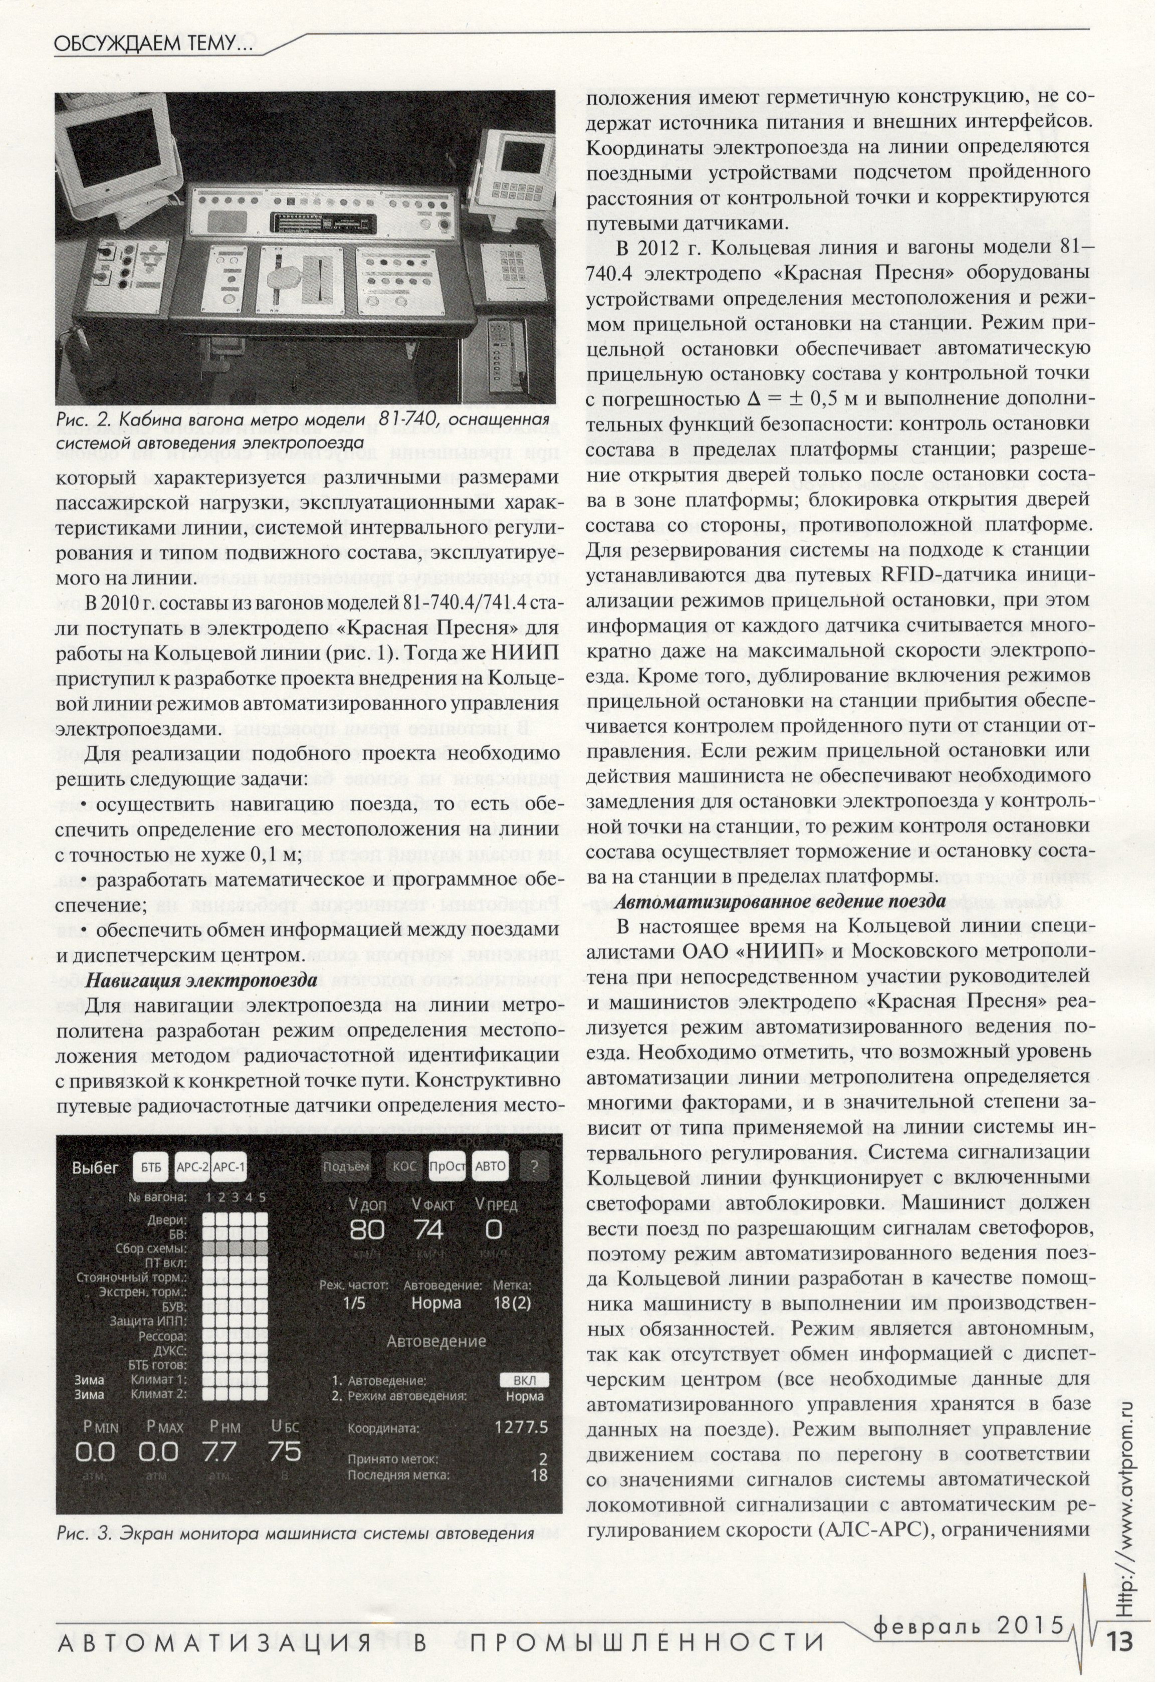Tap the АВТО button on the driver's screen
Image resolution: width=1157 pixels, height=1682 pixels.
click(x=490, y=1167)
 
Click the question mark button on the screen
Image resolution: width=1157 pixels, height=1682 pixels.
click(x=534, y=1167)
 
